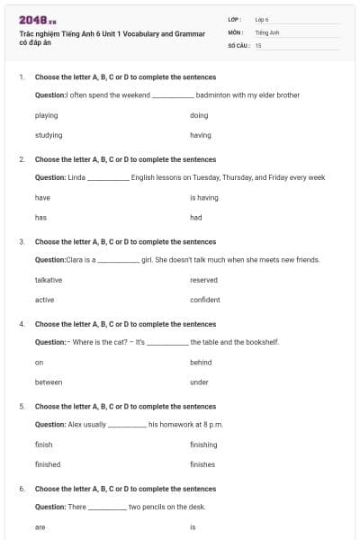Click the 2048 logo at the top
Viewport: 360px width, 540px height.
click(x=37, y=19)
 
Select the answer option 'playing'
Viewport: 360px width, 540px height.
click(x=46, y=115)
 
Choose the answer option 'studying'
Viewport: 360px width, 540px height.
click(x=49, y=135)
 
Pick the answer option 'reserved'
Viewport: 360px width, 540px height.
click(x=203, y=280)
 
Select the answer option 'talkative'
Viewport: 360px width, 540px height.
click(x=49, y=280)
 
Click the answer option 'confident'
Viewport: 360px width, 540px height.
click(x=205, y=300)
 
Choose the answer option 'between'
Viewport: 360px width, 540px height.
click(x=49, y=382)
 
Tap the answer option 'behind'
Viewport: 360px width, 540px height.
click(x=201, y=363)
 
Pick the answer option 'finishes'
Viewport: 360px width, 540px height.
click(x=202, y=464)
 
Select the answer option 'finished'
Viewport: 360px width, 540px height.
click(x=49, y=464)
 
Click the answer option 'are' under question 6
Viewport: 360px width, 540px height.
click(x=40, y=527)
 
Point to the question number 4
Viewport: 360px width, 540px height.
click(x=22, y=323)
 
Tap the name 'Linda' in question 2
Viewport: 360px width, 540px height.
click(x=76, y=177)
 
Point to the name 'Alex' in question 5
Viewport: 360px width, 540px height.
click(x=74, y=424)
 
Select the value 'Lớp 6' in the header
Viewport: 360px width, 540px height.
click(x=263, y=19)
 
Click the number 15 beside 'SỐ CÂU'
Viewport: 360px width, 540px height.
click(x=258, y=44)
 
